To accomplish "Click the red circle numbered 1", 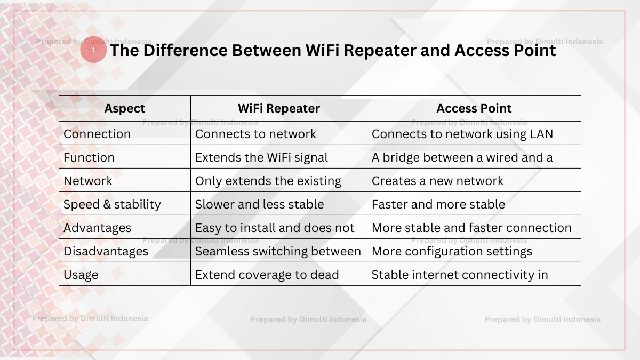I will point(93,50).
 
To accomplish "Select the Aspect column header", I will point(125,109).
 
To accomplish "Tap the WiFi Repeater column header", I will point(278,109).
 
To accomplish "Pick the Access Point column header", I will point(474,109).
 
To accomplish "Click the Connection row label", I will point(97,134).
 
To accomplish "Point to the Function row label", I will point(89,157).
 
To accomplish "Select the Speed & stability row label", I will point(112,204).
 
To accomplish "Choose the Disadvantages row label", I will point(106,251).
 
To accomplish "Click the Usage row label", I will point(81,275).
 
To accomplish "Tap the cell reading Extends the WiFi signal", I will point(261,157).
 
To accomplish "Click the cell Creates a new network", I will point(437,181).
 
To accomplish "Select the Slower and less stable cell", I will point(259,204).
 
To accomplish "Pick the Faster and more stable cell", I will point(438,204).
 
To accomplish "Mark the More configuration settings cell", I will point(452,251).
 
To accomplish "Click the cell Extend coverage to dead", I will point(267,275).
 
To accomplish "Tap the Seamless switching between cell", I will point(278,251).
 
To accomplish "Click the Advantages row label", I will point(97,228).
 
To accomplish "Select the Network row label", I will point(88,181).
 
